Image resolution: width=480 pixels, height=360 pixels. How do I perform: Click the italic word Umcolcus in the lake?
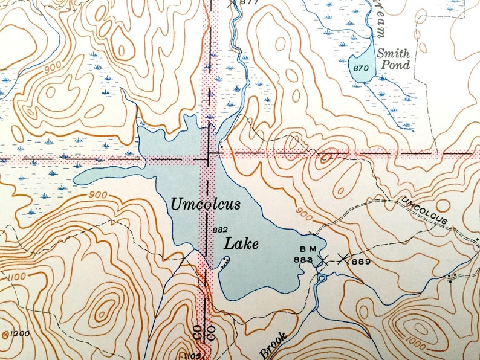tap(205, 204)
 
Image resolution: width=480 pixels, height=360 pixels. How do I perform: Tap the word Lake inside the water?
tap(241, 244)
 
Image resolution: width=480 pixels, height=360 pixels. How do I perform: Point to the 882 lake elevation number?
tap(220, 230)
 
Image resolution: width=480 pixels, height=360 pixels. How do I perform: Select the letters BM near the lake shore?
tap(308, 249)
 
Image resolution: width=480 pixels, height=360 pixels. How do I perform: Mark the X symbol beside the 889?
tap(343, 259)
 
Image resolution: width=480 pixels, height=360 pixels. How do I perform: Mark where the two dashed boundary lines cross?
tap(210, 154)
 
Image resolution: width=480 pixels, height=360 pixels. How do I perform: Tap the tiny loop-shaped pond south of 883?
tap(320, 278)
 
